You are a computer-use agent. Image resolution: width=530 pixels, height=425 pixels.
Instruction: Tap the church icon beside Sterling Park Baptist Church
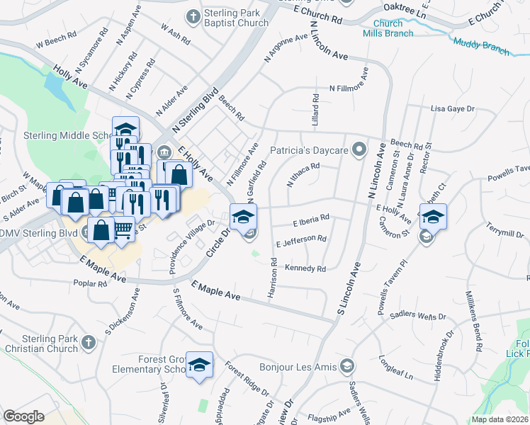click(x=192, y=16)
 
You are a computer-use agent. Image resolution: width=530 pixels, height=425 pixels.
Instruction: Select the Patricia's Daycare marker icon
click(x=360, y=149)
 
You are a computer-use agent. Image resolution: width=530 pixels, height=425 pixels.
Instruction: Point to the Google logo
click(x=23, y=416)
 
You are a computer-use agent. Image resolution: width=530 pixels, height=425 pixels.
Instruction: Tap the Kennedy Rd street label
click(x=305, y=268)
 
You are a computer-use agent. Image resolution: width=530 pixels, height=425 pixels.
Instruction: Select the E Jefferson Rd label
click(x=301, y=242)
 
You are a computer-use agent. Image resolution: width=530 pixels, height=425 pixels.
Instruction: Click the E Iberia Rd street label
click(x=311, y=221)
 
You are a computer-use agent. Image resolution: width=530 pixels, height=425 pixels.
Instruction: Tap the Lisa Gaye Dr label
click(x=452, y=109)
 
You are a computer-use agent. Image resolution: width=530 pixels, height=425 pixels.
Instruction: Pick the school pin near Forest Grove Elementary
click(x=200, y=365)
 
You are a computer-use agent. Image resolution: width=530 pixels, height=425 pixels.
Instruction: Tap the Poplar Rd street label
click(x=90, y=284)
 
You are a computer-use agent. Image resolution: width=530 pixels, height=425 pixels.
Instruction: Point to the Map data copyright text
click(x=499, y=419)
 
